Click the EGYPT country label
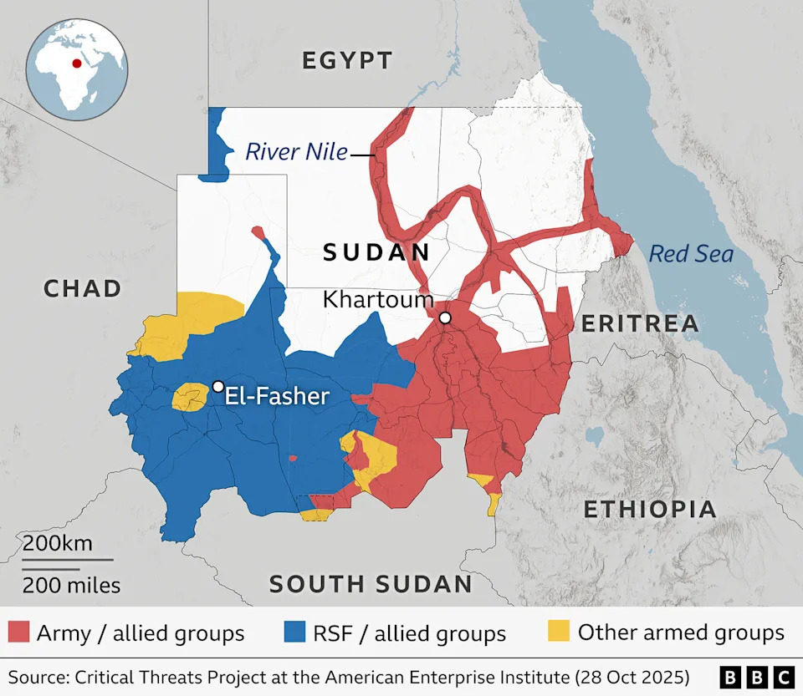point(347,60)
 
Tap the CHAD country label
point(83,289)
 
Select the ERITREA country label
point(640,324)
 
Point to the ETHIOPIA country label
point(650,509)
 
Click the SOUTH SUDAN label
point(371,584)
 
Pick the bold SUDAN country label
point(376,252)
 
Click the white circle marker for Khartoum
point(445,318)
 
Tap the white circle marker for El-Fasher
point(218,386)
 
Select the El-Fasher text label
point(278,395)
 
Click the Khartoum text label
point(378,299)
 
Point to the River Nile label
point(296,152)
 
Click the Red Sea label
point(691,253)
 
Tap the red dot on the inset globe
point(77,63)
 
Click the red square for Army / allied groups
point(18,632)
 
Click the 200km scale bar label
point(57,543)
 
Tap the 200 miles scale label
point(71,585)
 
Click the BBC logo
point(757,676)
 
